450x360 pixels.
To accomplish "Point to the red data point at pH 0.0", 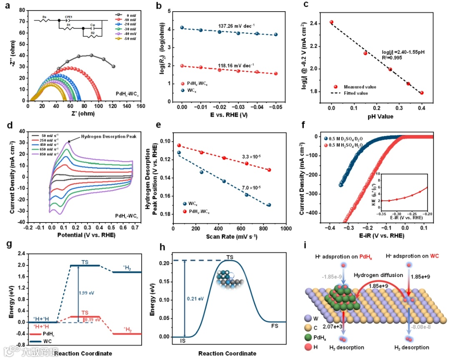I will [332, 22].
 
